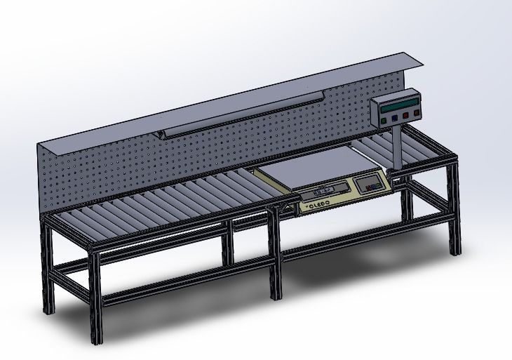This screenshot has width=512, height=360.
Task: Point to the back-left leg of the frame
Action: (x=47, y=267)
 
